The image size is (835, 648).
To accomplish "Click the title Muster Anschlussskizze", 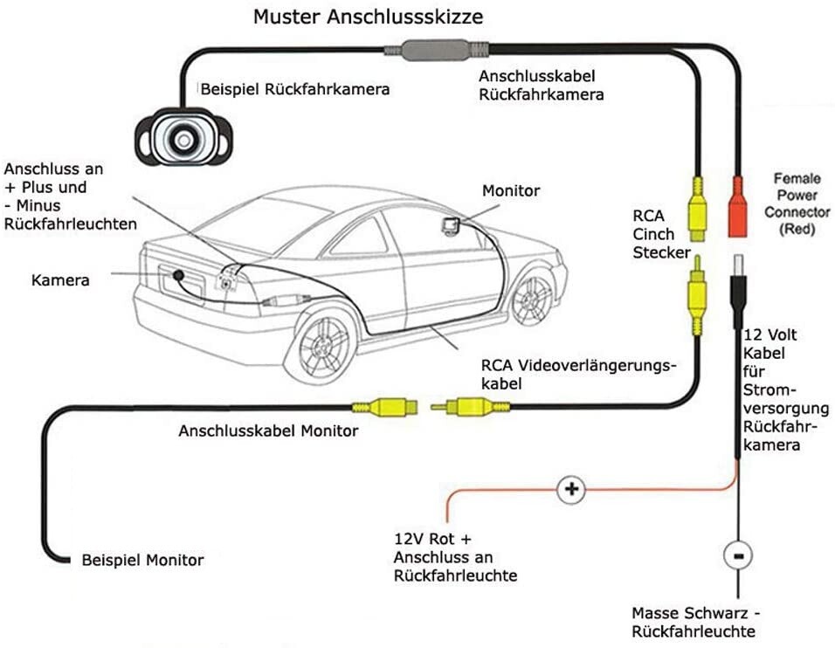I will coord(367,17).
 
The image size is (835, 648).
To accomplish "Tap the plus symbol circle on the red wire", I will coord(571,489).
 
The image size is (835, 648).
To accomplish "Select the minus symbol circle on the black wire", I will coord(739,555).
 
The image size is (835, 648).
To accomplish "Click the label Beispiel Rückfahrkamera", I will coord(295,89).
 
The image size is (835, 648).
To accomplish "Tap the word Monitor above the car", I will coord(511,190).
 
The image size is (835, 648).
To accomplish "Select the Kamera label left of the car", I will coord(60,280).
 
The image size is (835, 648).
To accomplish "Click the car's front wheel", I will coord(532,298).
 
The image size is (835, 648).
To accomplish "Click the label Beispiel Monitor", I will coord(142,560).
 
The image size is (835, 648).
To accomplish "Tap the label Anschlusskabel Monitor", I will coord(268,431).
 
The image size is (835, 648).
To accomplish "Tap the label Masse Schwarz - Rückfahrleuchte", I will coord(695,623).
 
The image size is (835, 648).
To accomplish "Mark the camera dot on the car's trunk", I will coord(177,274).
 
